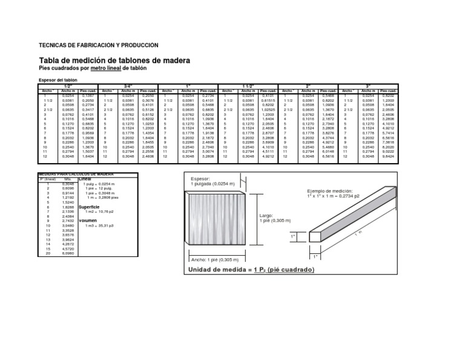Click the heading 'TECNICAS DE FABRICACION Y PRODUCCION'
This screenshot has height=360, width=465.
(98, 45)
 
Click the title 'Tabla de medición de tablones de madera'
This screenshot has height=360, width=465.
(114, 61)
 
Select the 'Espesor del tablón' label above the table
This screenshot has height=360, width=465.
(59, 80)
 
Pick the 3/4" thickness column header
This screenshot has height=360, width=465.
(128, 86)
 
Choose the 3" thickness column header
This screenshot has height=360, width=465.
(368, 86)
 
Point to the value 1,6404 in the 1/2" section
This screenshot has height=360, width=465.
(87, 156)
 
